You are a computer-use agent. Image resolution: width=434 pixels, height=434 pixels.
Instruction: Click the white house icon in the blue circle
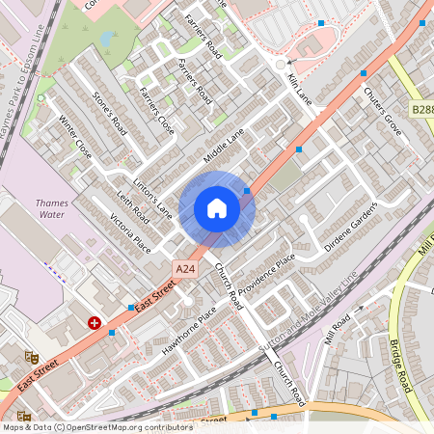(x=217, y=208)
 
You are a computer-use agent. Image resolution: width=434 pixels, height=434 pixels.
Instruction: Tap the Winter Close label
(x=75, y=139)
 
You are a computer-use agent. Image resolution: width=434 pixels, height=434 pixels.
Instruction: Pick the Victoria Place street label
(x=129, y=231)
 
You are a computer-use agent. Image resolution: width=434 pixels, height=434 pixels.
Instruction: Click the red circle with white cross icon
(x=95, y=323)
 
